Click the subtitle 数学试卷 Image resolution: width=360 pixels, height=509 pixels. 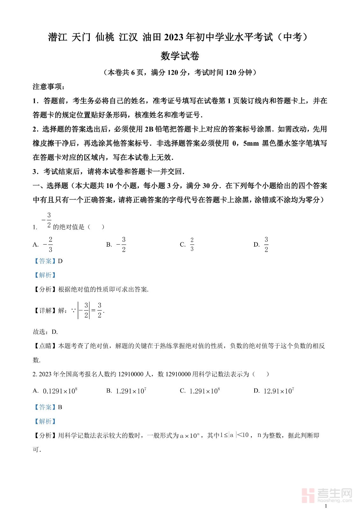pyautogui.click(x=180, y=56)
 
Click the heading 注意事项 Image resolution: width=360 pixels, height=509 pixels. pyautogui.click(x=49, y=87)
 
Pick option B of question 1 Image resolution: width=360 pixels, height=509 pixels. pyautogui.click(x=116, y=244)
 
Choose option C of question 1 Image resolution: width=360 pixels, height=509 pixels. pyautogui.click(x=187, y=244)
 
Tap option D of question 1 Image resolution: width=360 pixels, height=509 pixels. pyautogui.click(x=261, y=244)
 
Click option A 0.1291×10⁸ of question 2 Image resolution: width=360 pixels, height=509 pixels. pyautogui.click(x=55, y=391)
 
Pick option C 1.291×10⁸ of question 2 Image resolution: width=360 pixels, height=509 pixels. pyautogui.click(x=200, y=391)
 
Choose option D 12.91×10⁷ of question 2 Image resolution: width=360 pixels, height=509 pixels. pyautogui.click(x=274, y=391)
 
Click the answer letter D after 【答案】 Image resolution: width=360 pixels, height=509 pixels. pyautogui.click(x=60, y=261)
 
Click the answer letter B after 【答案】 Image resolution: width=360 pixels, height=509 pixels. pyautogui.click(x=60, y=407)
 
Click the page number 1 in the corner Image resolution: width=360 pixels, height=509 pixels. pyautogui.click(x=326, y=506)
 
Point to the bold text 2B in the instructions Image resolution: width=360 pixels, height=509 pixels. pyautogui.click(x=149, y=129)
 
